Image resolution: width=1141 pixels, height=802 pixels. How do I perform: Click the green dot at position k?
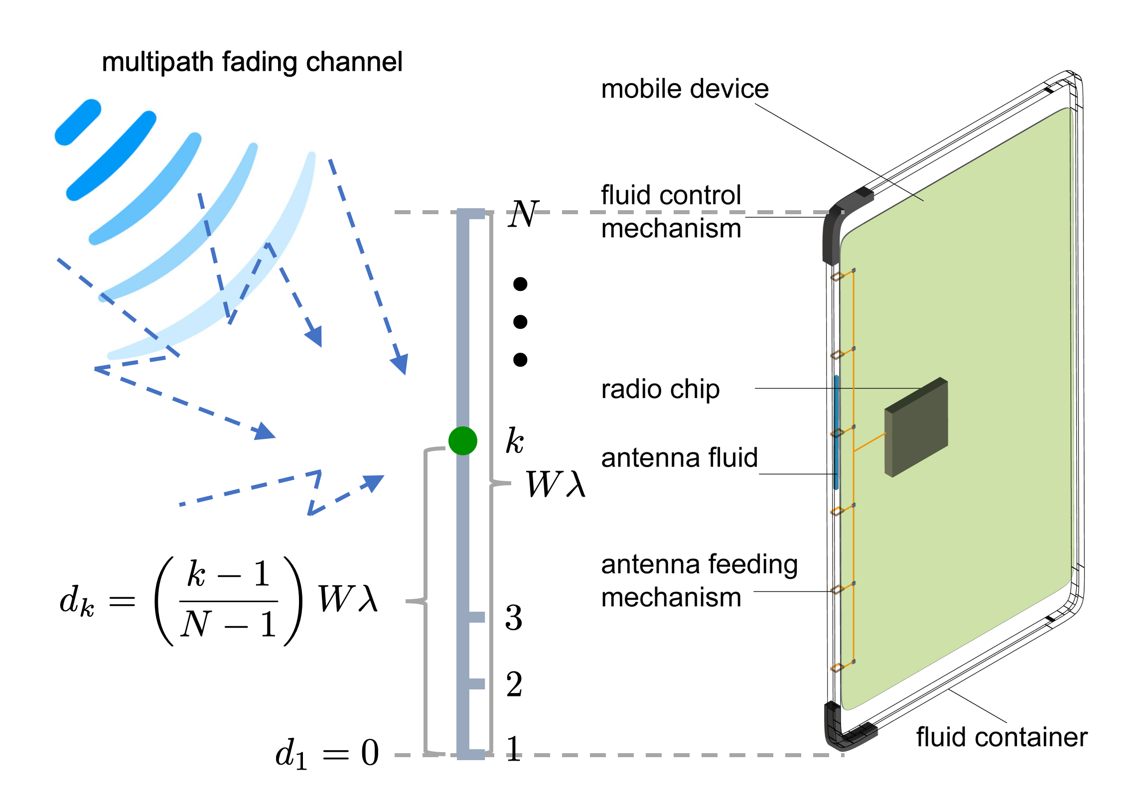point(462,441)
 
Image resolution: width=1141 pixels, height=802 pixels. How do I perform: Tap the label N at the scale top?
point(523,214)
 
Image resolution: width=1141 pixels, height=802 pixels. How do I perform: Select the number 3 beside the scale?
point(514,618)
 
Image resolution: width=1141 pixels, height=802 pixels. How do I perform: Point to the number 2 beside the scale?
point(514,684)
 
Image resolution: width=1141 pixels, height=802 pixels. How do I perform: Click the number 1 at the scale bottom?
point(514,749)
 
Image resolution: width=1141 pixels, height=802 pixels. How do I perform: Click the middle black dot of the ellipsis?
point(520,322)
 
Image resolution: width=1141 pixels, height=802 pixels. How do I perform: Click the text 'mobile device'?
point(685,89)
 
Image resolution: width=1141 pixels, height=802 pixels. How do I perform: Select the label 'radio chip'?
point(660,389)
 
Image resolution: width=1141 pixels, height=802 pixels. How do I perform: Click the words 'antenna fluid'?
point(679,458)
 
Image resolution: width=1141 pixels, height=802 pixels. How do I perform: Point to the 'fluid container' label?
point(1001,737)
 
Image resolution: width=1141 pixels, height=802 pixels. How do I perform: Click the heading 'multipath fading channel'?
point(252,62)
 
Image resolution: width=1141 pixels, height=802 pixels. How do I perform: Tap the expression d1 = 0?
point(327,753)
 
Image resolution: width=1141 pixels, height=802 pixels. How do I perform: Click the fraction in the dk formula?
point(228,600)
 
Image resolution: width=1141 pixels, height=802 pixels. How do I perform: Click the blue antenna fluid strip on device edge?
point(836,432)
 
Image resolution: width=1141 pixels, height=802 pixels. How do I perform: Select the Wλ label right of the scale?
point(556,484)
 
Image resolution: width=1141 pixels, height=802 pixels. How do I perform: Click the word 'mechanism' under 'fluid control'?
point(671,229)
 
